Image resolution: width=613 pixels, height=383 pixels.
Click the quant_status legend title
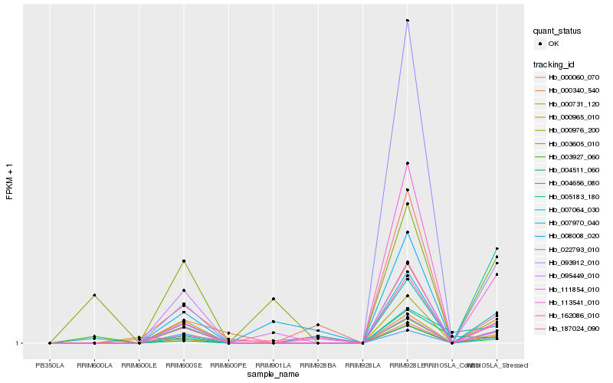[x=557, y=31]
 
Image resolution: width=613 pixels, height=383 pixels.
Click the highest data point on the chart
[x=408, y=21]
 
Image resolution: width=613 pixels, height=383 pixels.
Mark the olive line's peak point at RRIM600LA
[x=94, y=295]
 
